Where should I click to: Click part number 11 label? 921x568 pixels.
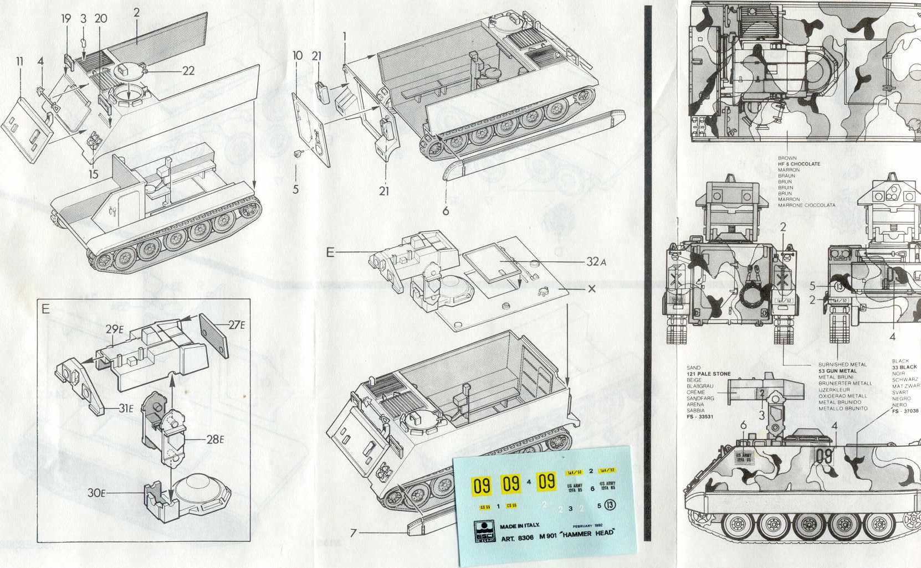pyautogui.click(x=20, y=61)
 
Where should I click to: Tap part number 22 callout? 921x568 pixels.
pyautogui.click(x=188, y=71)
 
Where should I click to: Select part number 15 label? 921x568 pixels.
pyautogui.click(x=93, y=174)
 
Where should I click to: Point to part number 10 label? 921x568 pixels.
pyautogui.click(x=298, y=55)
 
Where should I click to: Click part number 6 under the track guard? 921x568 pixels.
pyautogui.click(x=446, y=211)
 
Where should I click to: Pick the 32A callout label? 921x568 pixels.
pyautogui.click(x=596, y=262)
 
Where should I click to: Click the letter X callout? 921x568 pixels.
pyautogui.click(x=591, y=289)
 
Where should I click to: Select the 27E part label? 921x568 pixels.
pyautogui.click(x=237, y=325)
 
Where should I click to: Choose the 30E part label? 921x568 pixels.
pyautogui.click(x=96, y=493)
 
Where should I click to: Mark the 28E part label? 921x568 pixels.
pyautogui.click(x=214, y=440)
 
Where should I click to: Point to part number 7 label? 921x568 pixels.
pyautogui.click(x=354, y=533)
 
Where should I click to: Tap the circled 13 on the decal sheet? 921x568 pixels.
pyautogui.click(x=610, y=505)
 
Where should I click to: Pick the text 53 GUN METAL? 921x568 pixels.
pyautogui.click(x=837, y=371)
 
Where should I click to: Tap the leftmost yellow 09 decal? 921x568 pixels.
pyautogui.click(x=481, y=486)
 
